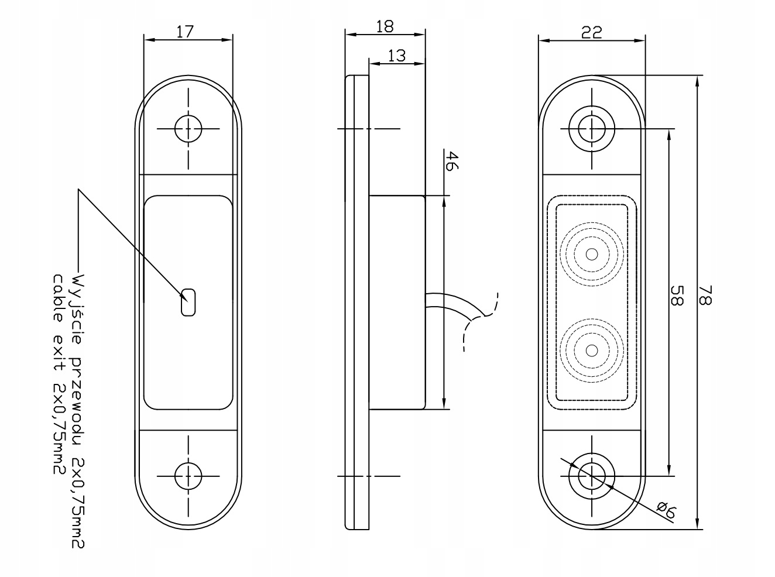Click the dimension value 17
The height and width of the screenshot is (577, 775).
(185, 32)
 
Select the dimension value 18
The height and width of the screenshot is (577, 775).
(385, 26)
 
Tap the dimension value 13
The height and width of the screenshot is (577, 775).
(396, 56)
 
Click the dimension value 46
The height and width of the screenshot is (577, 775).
(450, 160)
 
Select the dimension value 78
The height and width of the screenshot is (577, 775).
(705, 296)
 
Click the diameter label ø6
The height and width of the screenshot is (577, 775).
(666, 512)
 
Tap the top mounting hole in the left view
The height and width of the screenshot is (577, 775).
(188, 128)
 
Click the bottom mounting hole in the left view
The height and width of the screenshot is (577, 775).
(188, 475)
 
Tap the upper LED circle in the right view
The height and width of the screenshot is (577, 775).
(592, 254)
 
